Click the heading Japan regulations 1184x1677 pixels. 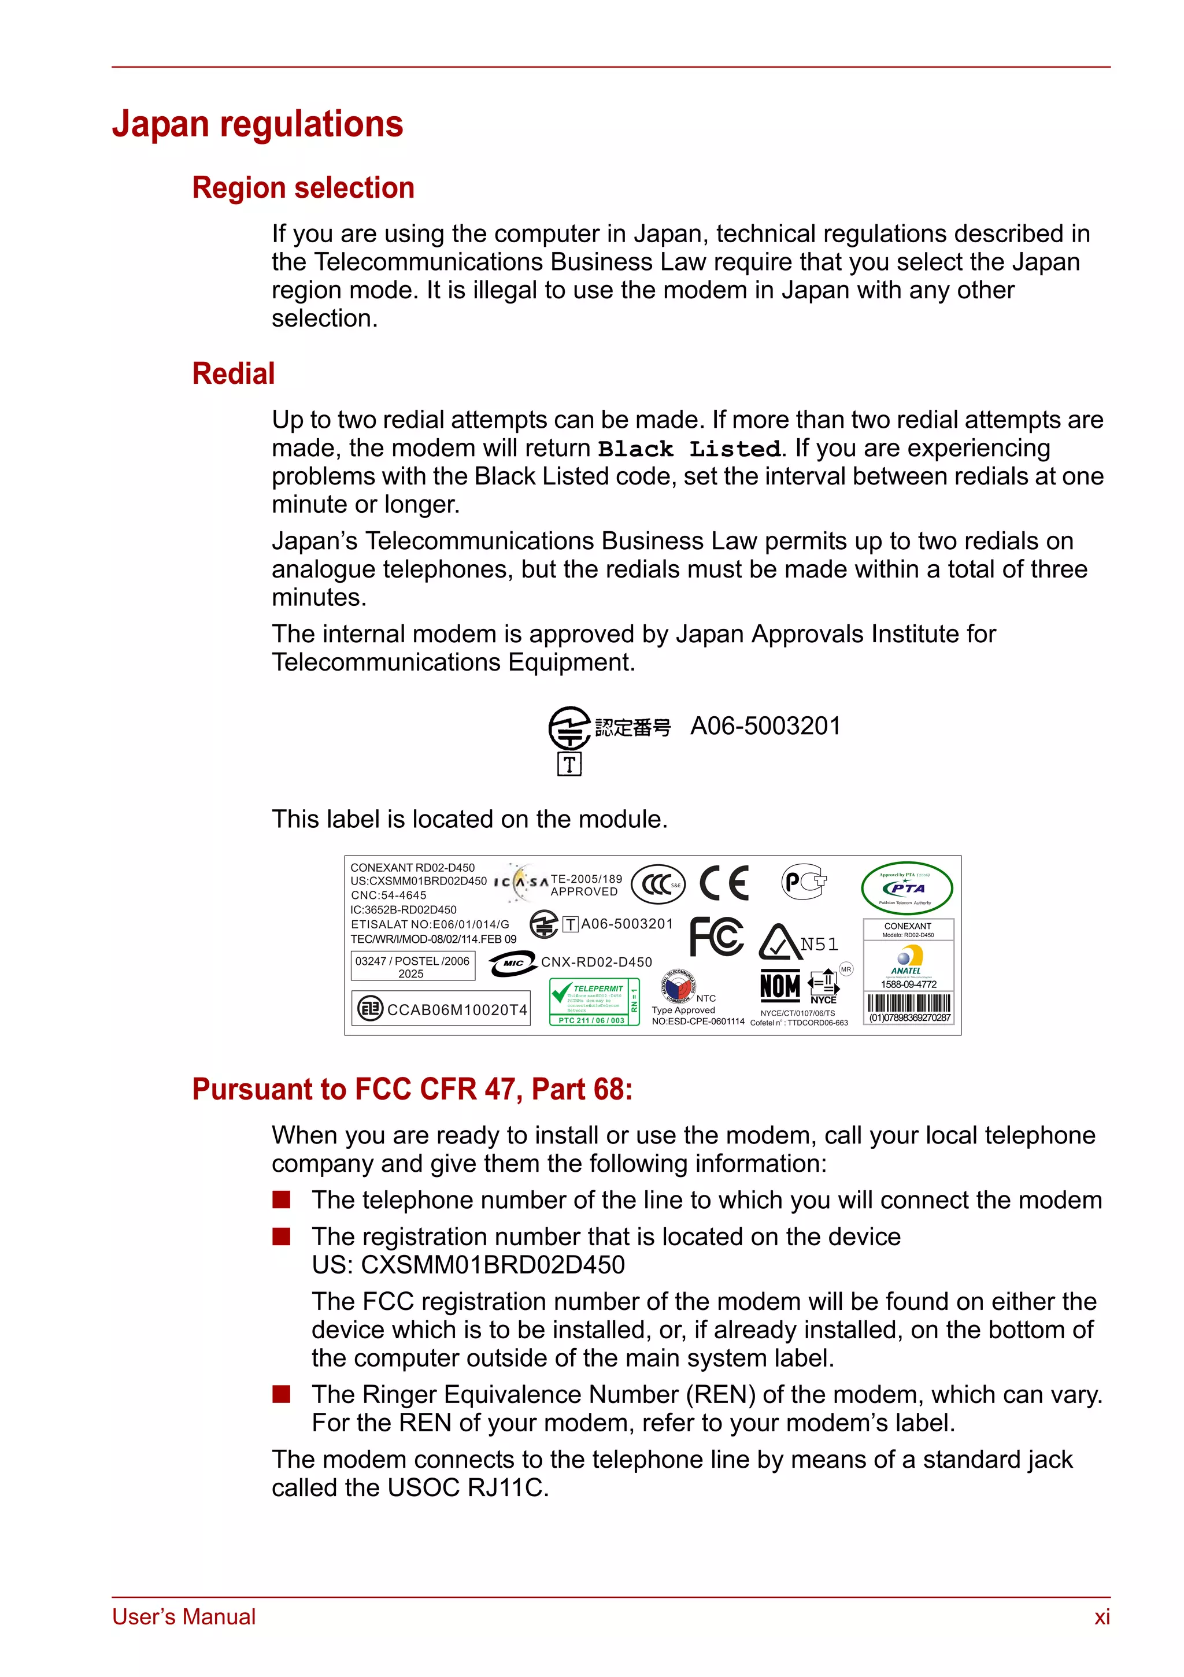coord(257,124)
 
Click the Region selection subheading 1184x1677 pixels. coord(303,188)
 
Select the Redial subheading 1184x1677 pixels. coord(233,373)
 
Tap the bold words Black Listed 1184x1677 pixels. coord(689,449)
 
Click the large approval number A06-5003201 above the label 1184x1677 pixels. coord(765,726)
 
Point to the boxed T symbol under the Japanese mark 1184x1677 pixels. coord(569,764)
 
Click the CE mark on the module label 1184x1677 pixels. coord(723,883)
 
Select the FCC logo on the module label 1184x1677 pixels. coord(716,937)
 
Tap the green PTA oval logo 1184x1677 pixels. coord(906,888)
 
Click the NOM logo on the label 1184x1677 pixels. coord(779,986)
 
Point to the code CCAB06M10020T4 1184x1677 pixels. coord(457,1009)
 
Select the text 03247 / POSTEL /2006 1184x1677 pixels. coord(412,961)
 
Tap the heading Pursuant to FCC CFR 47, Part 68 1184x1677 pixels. coord(412,1089)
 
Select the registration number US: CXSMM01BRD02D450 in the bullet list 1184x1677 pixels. coord(468,1265)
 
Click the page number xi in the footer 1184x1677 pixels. coord(1101,1617)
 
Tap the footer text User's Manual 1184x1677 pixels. coord(183,1617)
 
